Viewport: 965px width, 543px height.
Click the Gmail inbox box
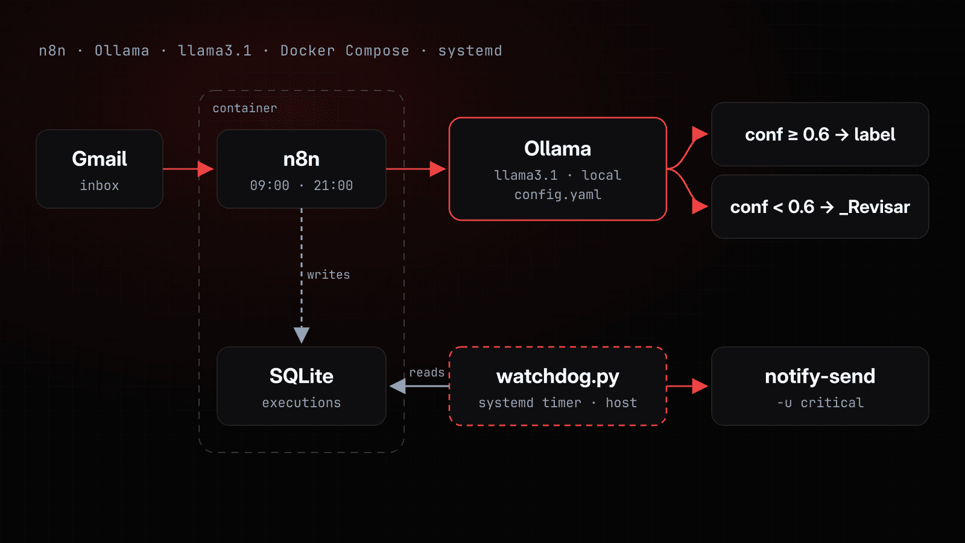coord(100,169)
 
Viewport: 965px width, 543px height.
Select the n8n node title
coord(301,159)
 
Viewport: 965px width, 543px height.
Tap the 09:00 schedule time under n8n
coord(270,185)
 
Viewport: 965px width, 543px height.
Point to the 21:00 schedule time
coord(333,185)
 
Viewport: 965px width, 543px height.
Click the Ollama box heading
coord(557,148)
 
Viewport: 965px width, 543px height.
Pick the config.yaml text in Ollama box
coord(557,195)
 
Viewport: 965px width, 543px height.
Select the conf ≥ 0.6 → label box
coord(820,135)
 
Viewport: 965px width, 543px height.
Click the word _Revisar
coord(875,208)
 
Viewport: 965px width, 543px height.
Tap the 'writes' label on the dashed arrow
coord(328,275)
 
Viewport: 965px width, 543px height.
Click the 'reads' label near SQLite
coord(426,372)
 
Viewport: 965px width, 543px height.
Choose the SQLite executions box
coord(301,386)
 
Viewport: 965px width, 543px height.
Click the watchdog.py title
coord(557,376)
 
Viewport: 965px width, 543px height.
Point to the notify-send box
coord(820,386)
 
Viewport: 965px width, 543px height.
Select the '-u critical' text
coord(820,402)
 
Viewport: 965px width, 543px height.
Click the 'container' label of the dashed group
coord(245,108)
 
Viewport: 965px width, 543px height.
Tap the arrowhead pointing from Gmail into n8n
coord(206,169)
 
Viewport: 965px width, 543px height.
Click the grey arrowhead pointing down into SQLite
coord(301,335)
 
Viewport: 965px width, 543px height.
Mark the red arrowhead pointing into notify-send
coord(700,386)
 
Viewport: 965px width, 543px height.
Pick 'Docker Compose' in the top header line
coord(344,51)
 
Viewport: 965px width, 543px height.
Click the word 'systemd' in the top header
coord(470,51)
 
